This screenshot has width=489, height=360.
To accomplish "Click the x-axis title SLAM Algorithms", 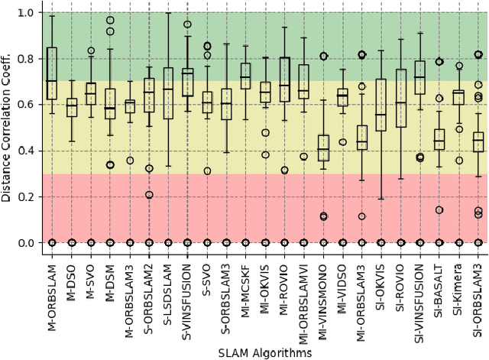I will point(264,352).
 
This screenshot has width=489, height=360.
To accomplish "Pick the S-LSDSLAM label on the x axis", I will point(168,291).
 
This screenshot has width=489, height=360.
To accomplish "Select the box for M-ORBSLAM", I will point(52,73).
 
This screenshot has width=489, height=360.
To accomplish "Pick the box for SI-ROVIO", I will point(400,98).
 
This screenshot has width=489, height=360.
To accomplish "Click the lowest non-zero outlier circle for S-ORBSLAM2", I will point(149,195).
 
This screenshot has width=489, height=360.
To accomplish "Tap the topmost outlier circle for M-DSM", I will point(110,21).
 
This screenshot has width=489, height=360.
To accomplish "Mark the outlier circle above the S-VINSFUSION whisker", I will point(187,24).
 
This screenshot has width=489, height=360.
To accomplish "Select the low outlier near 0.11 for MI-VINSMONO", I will point(323,216).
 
